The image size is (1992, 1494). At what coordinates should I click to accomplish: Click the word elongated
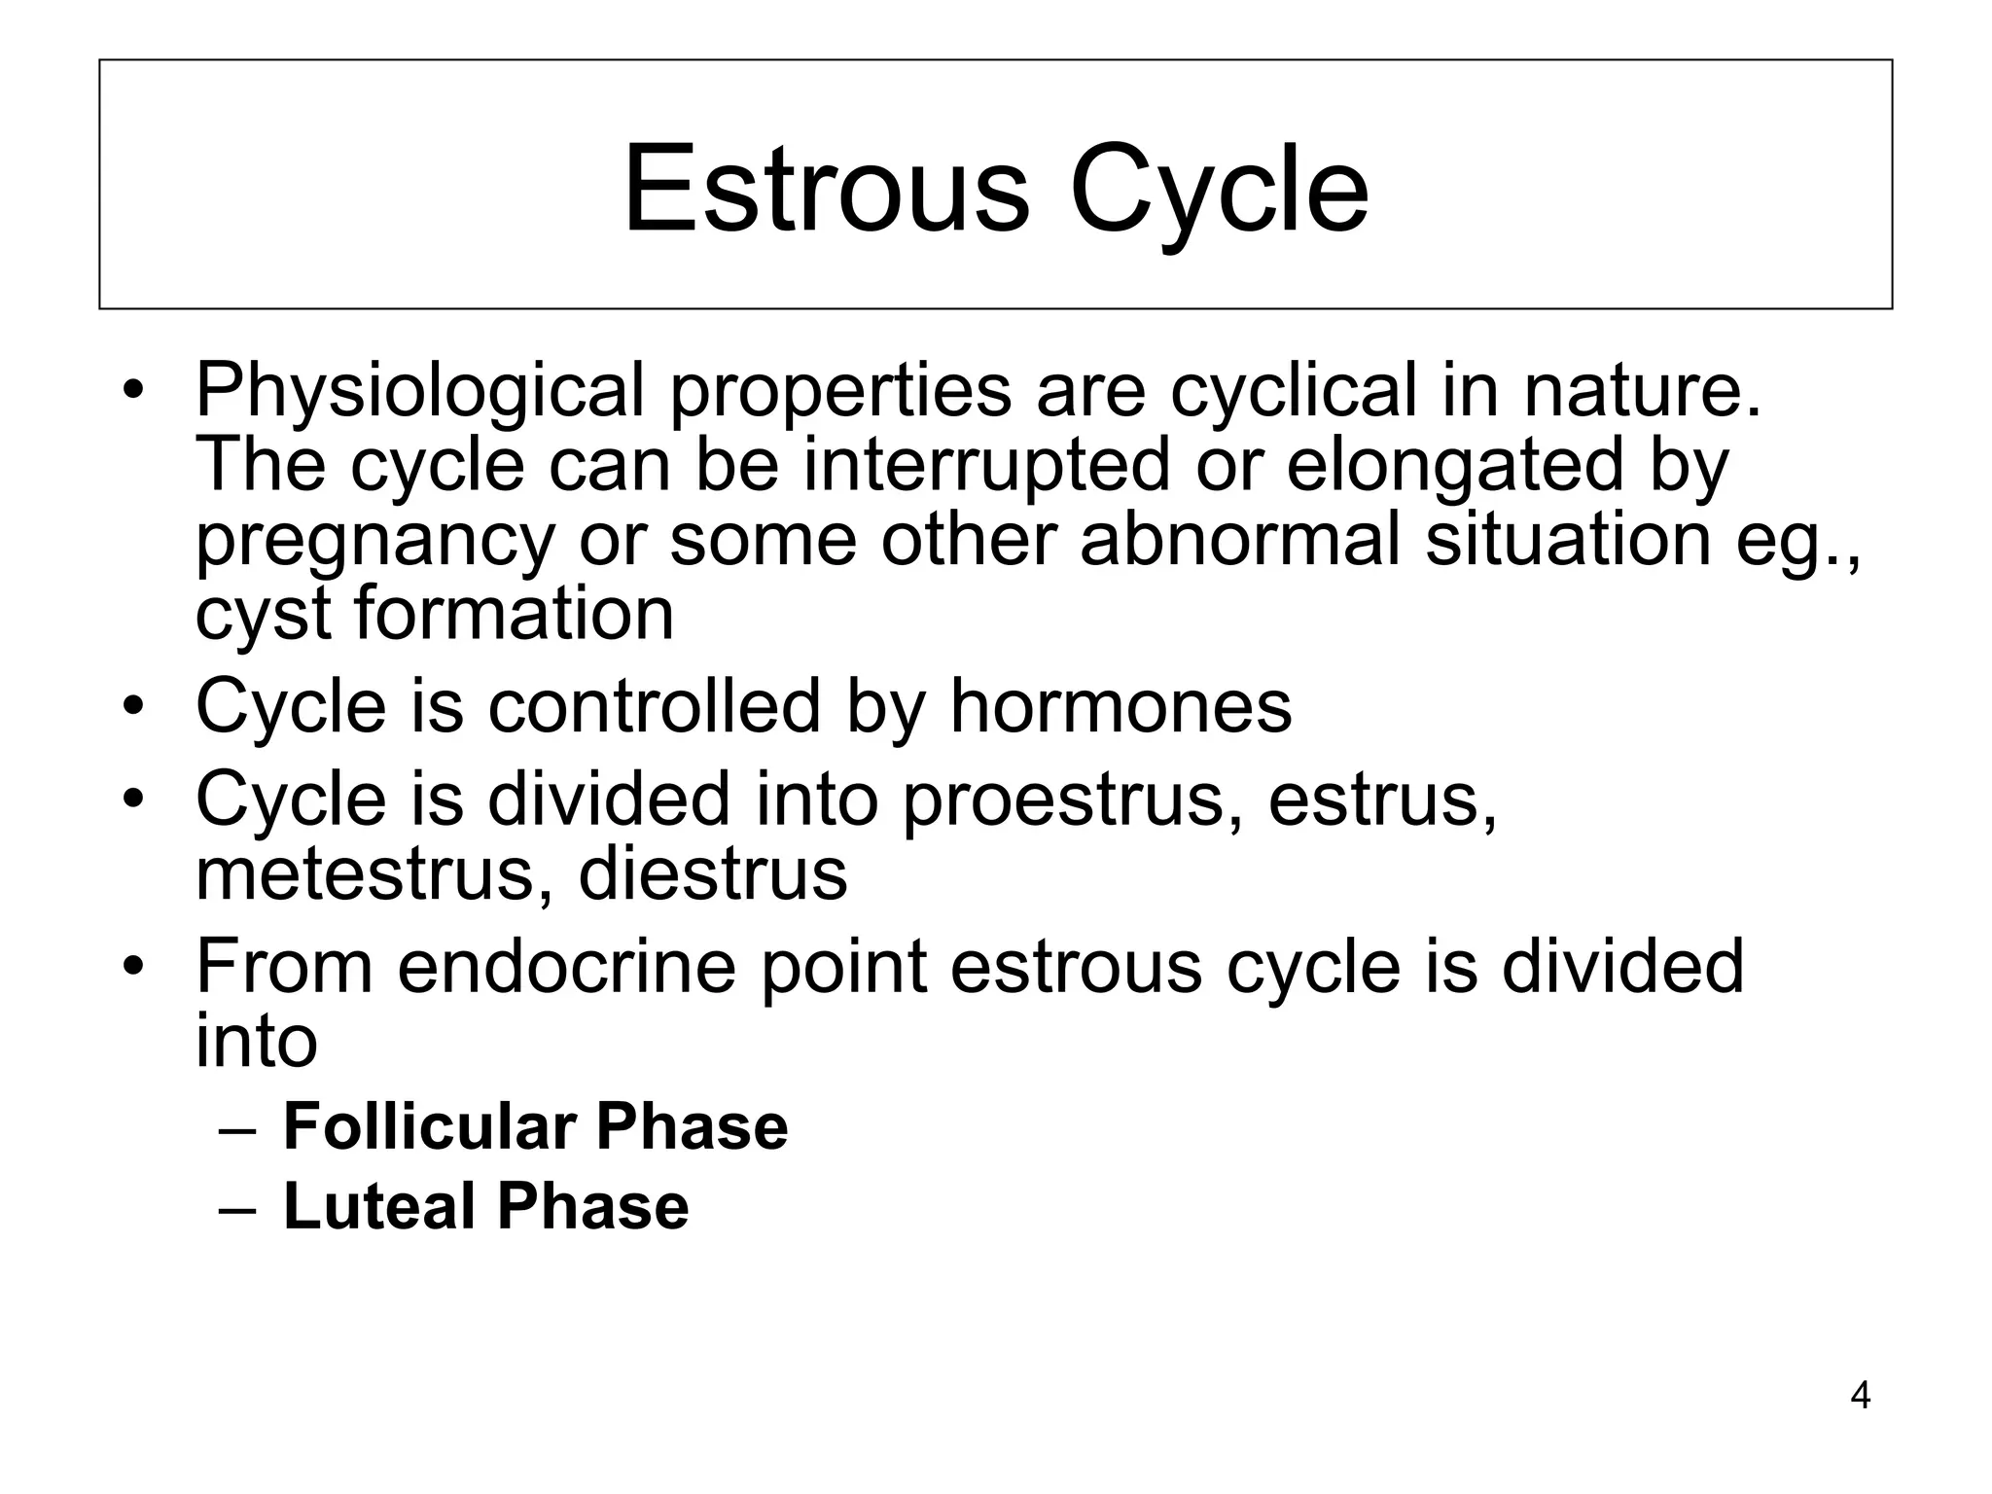pyautogui.click(x=1455, y=467)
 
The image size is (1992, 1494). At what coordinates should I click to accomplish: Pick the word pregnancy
pyautogui.click(x=374, y=543)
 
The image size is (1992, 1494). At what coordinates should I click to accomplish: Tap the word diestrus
pyautogui.click(x=713, y=874)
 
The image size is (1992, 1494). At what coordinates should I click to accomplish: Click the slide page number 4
pyautogui.click(x=1860, y=1396)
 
